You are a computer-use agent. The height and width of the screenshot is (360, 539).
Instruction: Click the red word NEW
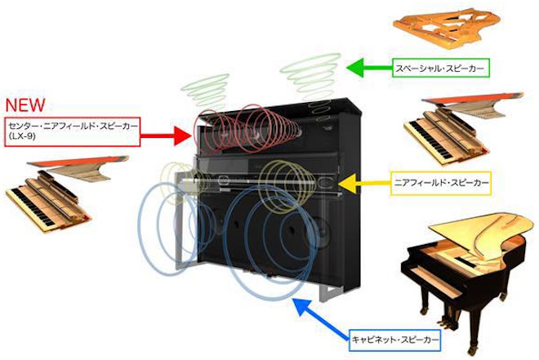click(24, 106)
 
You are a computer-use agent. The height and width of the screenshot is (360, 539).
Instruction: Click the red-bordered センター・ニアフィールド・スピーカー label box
click(72, 131)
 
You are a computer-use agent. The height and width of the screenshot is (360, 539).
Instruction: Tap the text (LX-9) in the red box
click(21, 137)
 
